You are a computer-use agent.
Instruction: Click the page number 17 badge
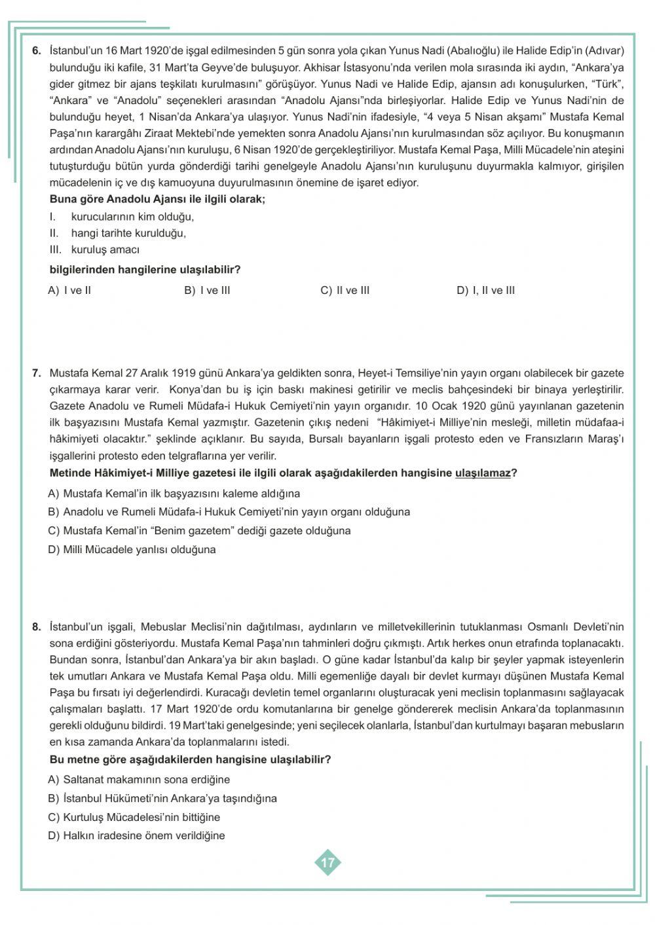(x=327, y=862)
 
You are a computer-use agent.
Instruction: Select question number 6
(x=37, y=50)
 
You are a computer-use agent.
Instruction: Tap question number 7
(x=37, y=373)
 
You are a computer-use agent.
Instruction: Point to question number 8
(x=37, y=626)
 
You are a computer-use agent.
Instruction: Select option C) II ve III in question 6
(x=345, y=290)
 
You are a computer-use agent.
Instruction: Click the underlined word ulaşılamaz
(x=482, y=473)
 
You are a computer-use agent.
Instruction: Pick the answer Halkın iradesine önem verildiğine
(x=136, y=835)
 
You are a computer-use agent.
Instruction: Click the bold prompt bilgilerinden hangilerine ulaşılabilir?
(x=145, y=269)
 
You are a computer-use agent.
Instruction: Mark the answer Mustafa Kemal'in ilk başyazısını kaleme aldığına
(x=174, y=493)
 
